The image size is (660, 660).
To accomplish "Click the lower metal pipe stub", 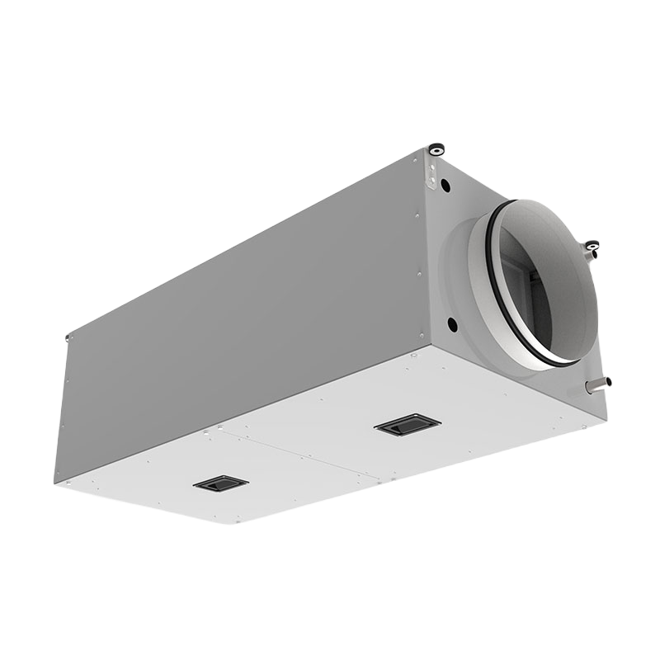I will [x=596, y=383].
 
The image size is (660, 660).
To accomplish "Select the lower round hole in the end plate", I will [x=451, y=322].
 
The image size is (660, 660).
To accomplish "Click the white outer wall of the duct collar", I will [x=462, y=264].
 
